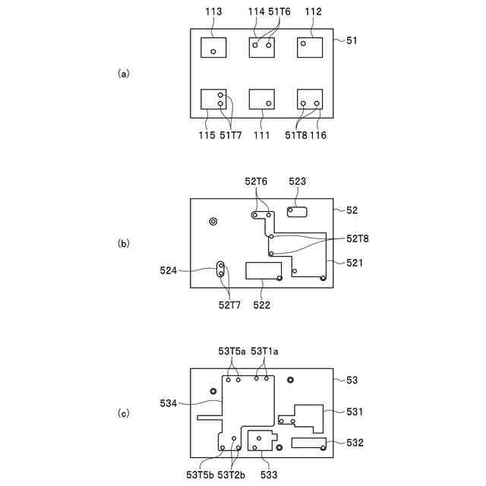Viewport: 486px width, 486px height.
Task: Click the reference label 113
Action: [x=213, y=12]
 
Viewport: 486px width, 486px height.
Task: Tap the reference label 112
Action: [x=313, y=12]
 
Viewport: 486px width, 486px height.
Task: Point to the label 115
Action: [x=207, y=135]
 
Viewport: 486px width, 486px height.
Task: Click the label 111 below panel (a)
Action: [x=262, y=135]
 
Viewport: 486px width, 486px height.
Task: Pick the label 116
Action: [x=320, y=135]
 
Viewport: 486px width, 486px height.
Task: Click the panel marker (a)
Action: [x=124, y=74]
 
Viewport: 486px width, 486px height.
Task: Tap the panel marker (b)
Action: [x=124, y=244]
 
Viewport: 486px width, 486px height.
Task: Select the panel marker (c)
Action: [x=124, y=414]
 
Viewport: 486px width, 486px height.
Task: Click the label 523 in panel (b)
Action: [x=298, y=182]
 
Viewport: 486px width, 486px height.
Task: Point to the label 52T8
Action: [x=358, y=238]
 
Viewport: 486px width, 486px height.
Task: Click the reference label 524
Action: [x=169, y=269]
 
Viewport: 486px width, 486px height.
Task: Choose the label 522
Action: [x=262, y=305]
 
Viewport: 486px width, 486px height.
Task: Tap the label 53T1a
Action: [x=264, y=351]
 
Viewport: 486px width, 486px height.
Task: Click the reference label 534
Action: [x=169, y=403]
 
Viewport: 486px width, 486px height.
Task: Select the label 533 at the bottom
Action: [x=268, y=475]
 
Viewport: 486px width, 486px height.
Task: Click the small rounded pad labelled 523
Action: [x=297, y=210]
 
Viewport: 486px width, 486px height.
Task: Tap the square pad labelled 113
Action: [x=213, y=47]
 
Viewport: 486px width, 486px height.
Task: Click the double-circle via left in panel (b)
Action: [x=213, y=221]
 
